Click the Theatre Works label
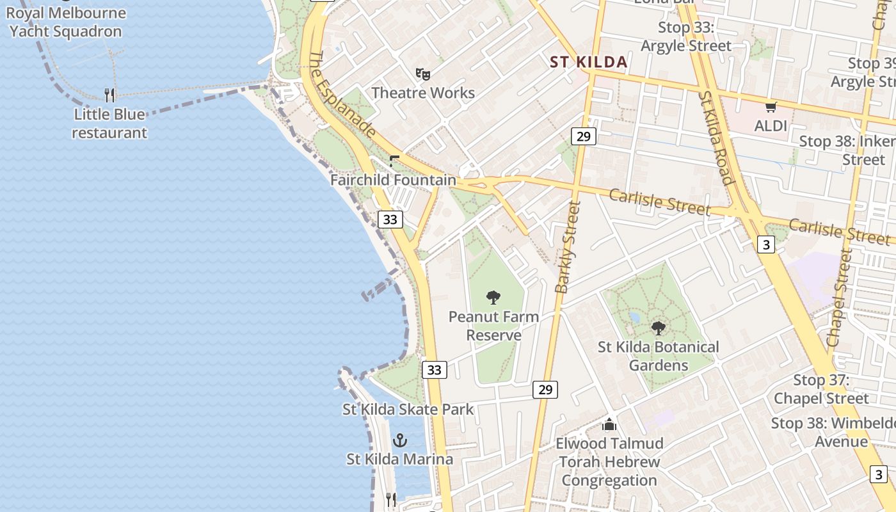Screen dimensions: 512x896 [x=423, y=93]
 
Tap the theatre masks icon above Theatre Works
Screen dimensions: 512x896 [x=422, y=74]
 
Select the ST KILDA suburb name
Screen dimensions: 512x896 [x=589, y=62]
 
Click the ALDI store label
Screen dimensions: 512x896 [x=771, y=125]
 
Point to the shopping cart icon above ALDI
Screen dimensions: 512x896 [x=771, y=107]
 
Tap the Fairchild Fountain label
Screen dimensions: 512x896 [x=393, y=180]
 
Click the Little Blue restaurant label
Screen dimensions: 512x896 [x=109, y=124]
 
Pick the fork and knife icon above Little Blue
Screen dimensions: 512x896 [x=109, y=95]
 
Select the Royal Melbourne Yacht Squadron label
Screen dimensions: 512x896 [x=66, y=22]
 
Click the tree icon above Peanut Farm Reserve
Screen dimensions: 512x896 [x=493, y=297]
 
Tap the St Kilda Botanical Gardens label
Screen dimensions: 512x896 [x=658, y=356]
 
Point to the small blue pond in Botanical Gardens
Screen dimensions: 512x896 [x=634, y=317]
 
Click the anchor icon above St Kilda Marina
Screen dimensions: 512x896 [x=399, y=440]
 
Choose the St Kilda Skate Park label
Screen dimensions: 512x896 [x=408, y=409]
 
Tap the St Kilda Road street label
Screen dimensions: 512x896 [x=716, y=137]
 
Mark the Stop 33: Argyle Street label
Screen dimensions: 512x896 [x=685, y=36]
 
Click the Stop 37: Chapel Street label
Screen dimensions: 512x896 [x=821, y=389]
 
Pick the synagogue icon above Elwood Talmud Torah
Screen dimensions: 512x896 [x=609, y=424]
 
